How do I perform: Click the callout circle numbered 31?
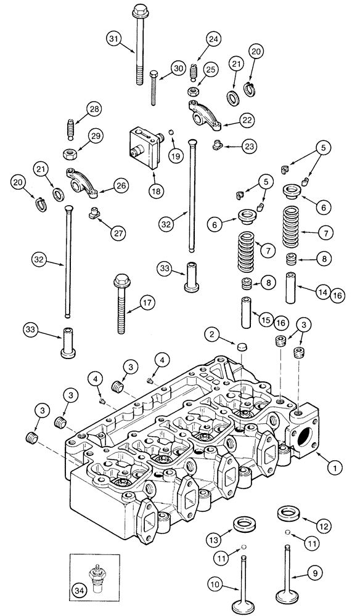pos(113,40)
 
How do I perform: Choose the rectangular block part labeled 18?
pos(146,149)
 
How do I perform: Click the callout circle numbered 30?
pos(179,69)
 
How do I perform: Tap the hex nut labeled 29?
pos(70,152)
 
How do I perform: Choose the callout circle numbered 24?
pos(213,39)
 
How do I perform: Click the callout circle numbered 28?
pos(94,110)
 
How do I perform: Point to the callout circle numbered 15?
pos(266,320)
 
